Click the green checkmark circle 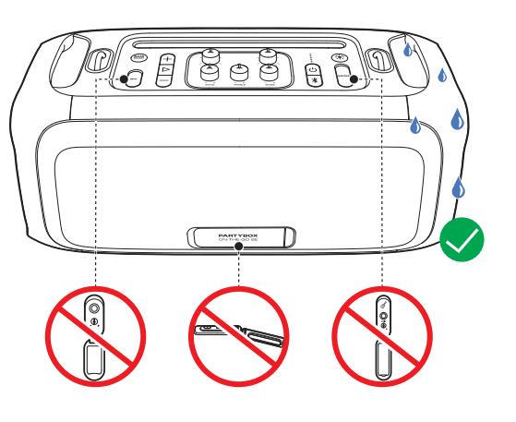click(x=462, y=241)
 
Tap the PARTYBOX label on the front click(x=238, y=235)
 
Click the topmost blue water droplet click(x=408, y=48)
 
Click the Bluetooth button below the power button click(x=312, y=80)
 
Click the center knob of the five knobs click(x=238, y=71)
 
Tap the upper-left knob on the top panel click(x=210, y=55)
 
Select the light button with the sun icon click(x=339, y=58)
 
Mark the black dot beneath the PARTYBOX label click(x=238, y=247)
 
